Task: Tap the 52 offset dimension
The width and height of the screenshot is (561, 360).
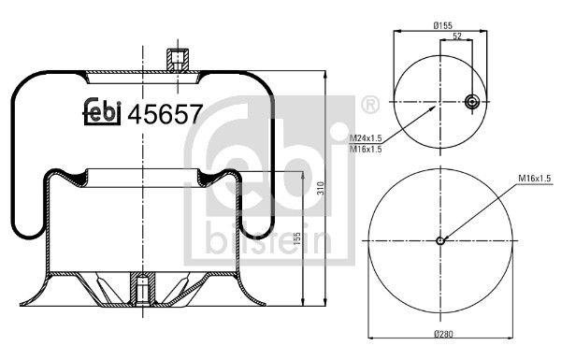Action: [x=456, y=37]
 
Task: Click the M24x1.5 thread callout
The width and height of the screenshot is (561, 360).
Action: [x=367, y=138]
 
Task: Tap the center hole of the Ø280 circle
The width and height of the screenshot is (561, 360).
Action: [x=440, y=240]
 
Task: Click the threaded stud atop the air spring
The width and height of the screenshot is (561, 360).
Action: [x=175, y=61]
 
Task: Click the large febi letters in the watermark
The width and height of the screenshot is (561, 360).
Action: [x=271, y=159]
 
